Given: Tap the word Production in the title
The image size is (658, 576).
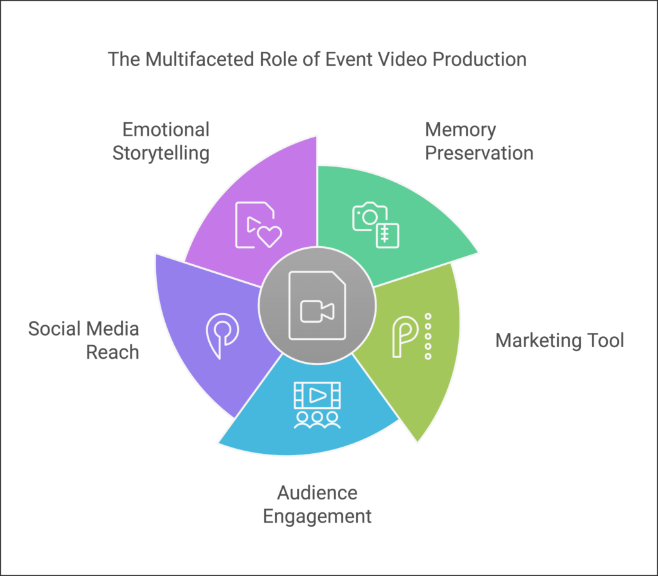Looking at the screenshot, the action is (479, 60).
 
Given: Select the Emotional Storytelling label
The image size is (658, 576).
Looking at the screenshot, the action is (161, 141).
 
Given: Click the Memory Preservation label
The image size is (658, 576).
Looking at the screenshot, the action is (479, 141).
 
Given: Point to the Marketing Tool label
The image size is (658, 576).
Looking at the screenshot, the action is (560, 340).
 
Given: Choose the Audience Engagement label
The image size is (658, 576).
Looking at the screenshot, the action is (317, 505).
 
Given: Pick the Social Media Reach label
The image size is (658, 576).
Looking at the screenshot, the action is (84, 340).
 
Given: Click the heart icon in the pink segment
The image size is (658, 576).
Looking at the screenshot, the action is (269, 237).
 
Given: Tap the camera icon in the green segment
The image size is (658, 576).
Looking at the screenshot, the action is (369, 216).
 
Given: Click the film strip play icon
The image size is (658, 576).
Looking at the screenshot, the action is (317, 395).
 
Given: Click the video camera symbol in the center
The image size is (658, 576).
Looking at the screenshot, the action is (317, 311).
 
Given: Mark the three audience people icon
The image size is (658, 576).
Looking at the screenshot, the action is (317, 420).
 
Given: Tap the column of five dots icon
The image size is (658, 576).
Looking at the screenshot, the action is (428, 336).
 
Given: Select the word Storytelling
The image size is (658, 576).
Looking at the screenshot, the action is (161, 153).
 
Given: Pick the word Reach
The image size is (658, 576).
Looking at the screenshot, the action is (112, 352).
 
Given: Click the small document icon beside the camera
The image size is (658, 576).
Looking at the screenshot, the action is (387, 235).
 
